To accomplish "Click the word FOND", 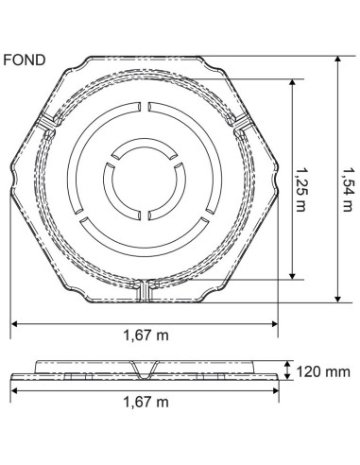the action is click(x=25, y=60).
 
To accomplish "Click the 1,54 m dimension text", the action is click(x=347, y=189).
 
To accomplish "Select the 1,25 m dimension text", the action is click(x=300, y=189).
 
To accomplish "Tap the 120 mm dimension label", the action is click(x=323, y=371).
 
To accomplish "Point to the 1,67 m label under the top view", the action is click(x=146, y=336).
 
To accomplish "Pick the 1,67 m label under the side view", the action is click(x=146, y=402).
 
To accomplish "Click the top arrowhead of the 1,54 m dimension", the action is click(x=338, y=60).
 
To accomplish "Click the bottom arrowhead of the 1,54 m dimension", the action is click(x=338, y=299).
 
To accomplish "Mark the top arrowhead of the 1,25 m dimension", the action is click(x=292, y=82).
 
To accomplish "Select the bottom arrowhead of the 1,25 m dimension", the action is click(x=292, y=275).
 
